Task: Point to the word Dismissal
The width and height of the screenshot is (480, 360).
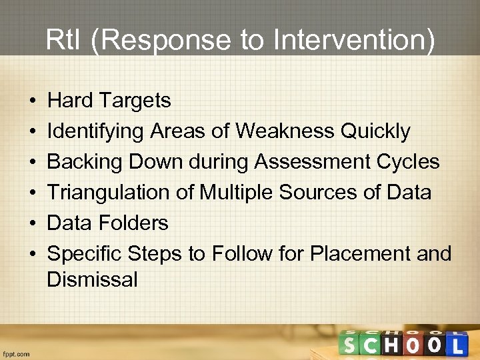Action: pyautogui.click(x=92, y=279)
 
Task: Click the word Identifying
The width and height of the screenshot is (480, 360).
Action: pyautogui.click(x=95, y=131)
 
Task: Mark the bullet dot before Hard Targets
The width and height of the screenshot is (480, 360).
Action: pyautogui.click(x=33, y=101)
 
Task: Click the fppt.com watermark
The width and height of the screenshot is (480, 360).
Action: pyautogui.click(x=16, y=354)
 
